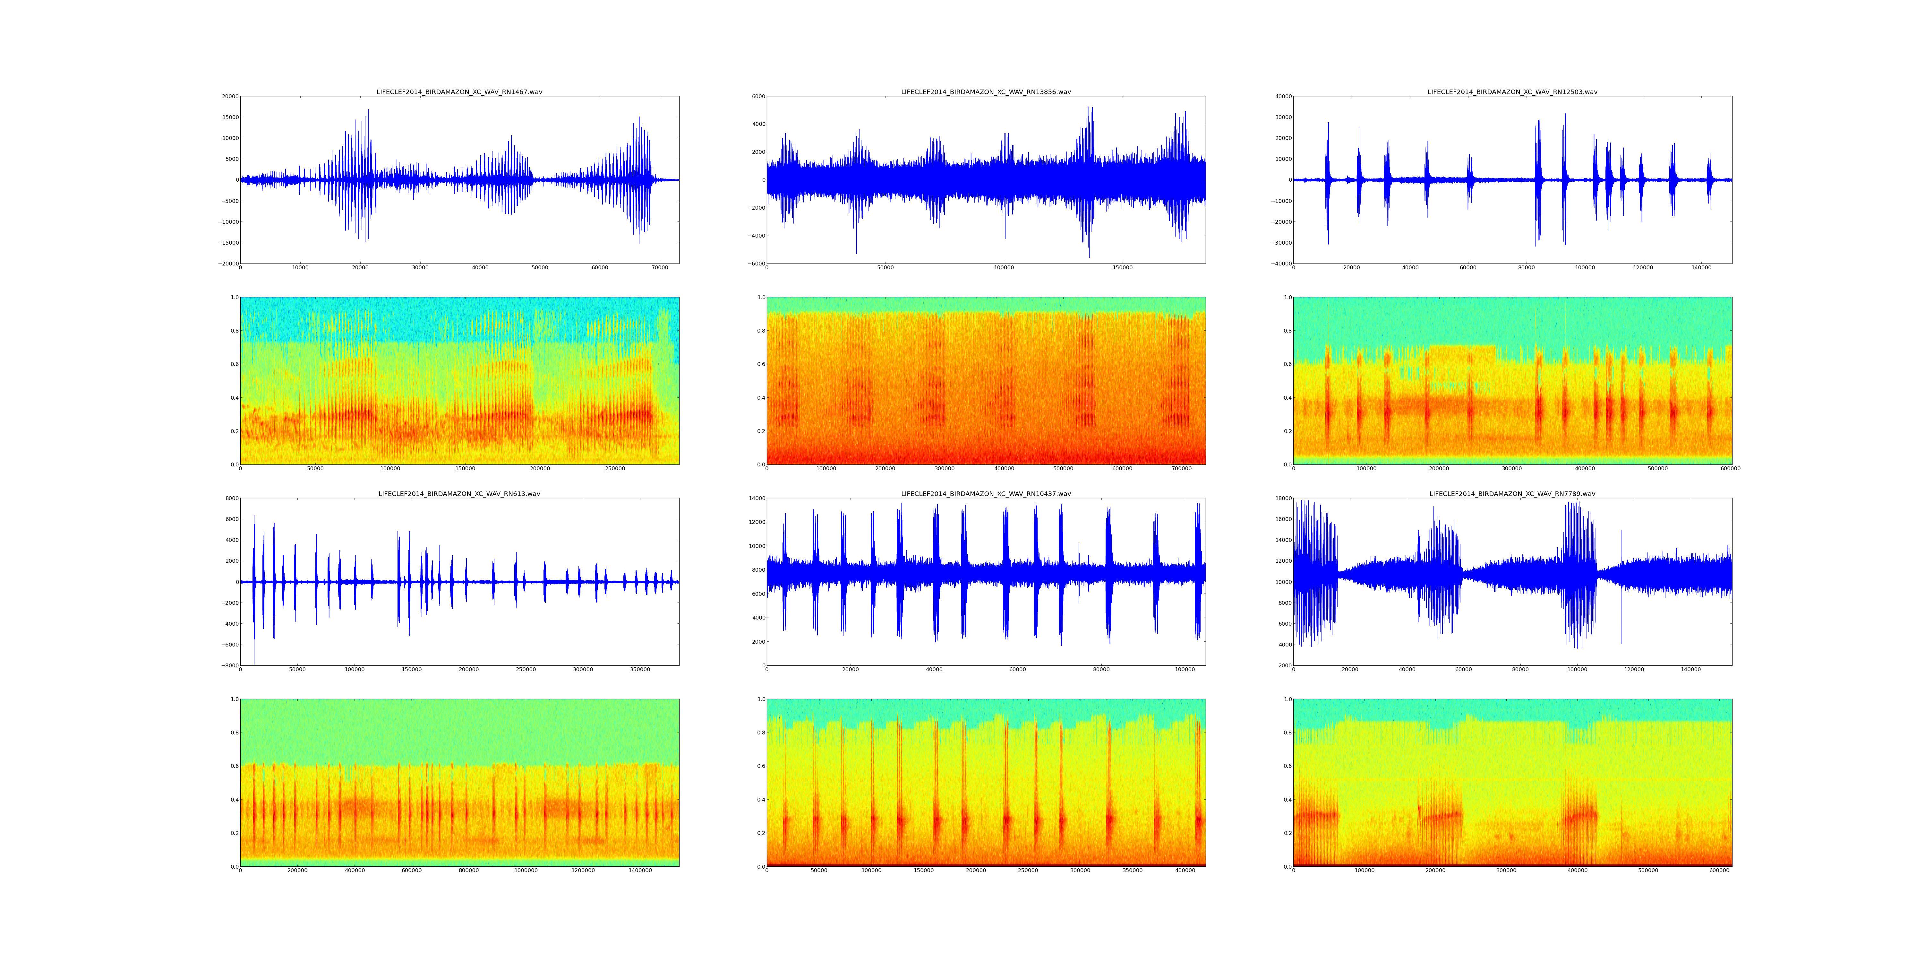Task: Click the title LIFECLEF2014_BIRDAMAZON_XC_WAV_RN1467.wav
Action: [x=459, y=92]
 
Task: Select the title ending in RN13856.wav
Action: [x=986, y=92]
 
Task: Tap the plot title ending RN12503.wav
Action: [x=1512, y=92]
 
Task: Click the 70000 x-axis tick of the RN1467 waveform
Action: [x=660, y=268]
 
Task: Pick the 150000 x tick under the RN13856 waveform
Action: [x=1122, y=268]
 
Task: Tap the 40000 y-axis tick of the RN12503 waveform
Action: [x=1282, y=96]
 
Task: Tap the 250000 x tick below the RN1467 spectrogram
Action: [x=615, y=469]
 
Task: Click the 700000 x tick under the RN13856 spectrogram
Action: [x=1181, y=469]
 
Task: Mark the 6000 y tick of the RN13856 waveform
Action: [x=757, y=96]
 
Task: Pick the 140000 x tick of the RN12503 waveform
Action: [x=1701, y=268]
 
